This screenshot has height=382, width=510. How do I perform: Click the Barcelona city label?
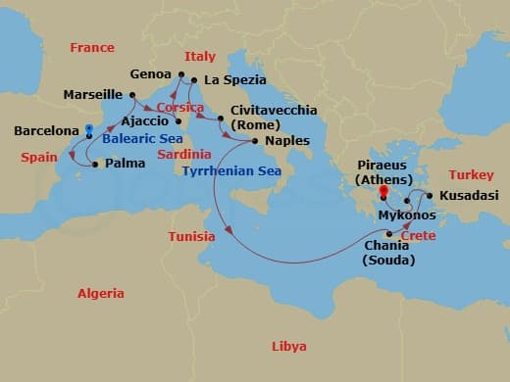tap(45, 130)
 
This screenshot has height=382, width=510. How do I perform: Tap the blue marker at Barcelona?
tap(88, 128)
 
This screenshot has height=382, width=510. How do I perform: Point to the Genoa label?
tap(150, 73)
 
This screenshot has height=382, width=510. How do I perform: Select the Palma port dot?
tap(94, 165)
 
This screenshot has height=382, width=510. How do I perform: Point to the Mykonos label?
tap(406, 214)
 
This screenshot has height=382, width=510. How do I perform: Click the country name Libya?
tap(288, 347)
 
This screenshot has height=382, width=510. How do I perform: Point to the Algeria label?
tap(102, 294)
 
